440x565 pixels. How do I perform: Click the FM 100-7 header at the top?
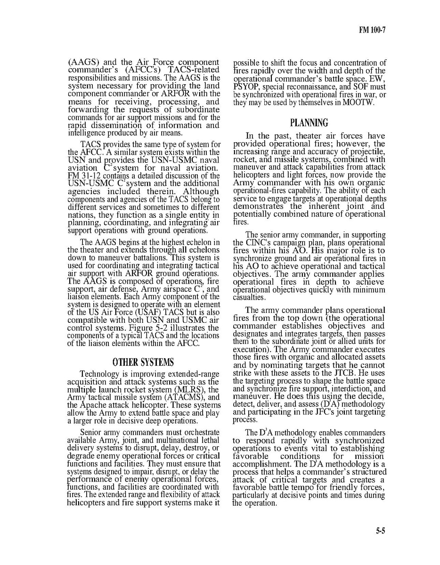click(372, 30)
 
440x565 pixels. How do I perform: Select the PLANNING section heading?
click(309, 123)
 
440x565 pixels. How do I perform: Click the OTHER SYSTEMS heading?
click(143, 362)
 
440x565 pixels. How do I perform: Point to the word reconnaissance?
click(311, 87)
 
